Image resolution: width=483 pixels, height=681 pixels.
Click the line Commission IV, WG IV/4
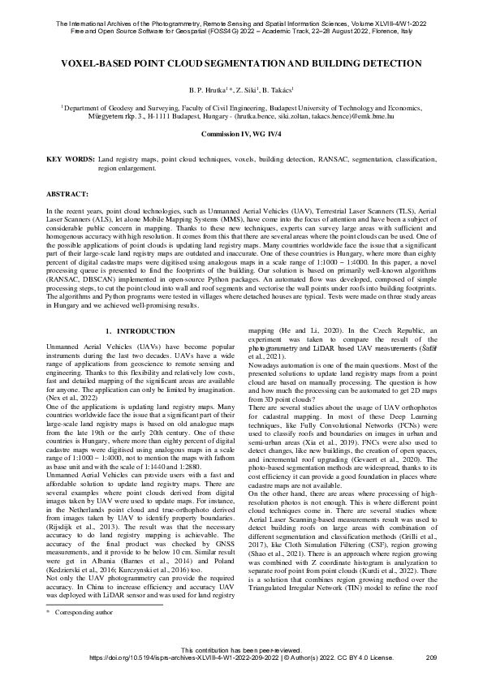pos(241,131)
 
